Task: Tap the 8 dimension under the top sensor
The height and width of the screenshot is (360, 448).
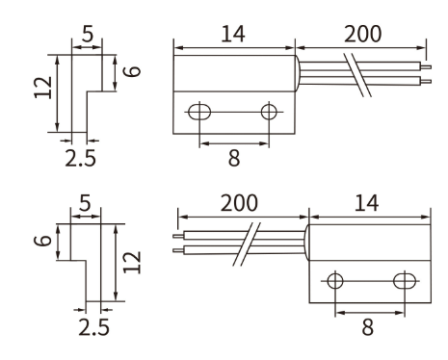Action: click(x=233, y=159)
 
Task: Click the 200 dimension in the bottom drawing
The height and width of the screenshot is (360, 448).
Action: click(x=238, y=205)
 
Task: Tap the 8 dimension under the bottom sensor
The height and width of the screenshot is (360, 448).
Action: click(x=367, y=327)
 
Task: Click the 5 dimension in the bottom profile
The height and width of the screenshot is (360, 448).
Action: click(x=88, y=205)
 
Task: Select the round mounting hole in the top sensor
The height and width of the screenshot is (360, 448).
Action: click(x=268, y=113)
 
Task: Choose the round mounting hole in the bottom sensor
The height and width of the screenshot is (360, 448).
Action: click(x=335, y=282)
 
